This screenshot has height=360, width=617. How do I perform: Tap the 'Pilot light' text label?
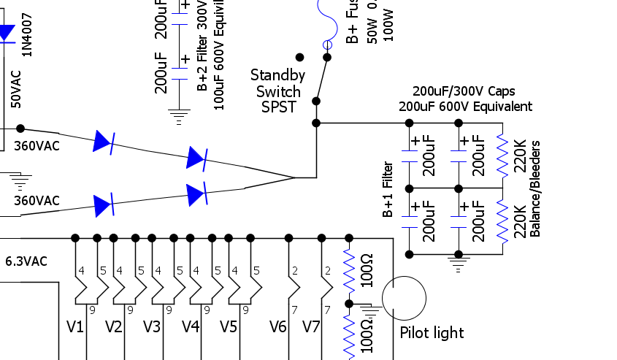[x=432, y=333]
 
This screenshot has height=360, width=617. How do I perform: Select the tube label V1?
[x=75, y=326]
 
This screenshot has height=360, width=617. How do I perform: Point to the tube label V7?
[x=312, y=326]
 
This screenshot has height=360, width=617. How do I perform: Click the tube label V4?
[x=191, y=326]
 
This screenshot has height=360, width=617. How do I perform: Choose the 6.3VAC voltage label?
[x=26, y=261]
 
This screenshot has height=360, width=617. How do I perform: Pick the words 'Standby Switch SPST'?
[x=277, y=91]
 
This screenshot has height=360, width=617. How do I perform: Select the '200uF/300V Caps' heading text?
[x=464, y=92]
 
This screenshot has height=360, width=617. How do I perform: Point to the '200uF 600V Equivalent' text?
[x=465, y=107]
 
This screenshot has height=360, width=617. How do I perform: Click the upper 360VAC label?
[x=37, y=145]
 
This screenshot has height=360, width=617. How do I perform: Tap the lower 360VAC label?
[x=37, y=200]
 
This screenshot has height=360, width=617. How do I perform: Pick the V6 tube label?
[x=278, y=326]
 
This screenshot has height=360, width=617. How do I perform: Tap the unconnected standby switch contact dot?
[x=299, y=57]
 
